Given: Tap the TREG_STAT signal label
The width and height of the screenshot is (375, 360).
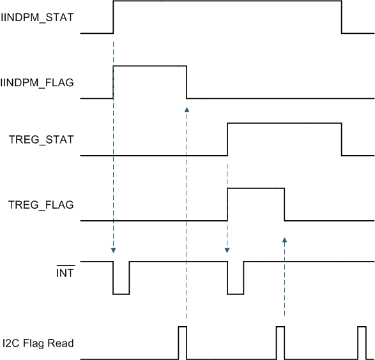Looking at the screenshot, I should [41, 139].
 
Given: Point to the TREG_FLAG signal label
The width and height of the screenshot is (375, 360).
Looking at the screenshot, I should [41, 205].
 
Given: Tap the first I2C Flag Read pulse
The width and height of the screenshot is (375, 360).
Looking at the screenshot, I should [183, 343].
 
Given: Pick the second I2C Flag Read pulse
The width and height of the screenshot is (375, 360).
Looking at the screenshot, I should [280, 343].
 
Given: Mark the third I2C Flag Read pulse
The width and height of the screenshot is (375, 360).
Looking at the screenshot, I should [362, 343].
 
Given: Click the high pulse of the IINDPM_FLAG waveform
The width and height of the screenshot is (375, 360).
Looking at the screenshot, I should [149, 66].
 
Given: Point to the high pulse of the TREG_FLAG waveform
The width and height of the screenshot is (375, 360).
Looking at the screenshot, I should [256, 188].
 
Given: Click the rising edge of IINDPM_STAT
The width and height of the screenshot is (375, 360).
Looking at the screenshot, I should [113, 17].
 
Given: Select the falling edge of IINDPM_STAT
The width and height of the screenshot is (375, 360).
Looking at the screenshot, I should [342, 17].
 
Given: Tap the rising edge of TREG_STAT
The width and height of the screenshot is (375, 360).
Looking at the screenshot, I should [228, 139].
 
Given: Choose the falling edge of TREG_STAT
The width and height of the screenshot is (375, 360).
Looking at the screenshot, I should [342, 139].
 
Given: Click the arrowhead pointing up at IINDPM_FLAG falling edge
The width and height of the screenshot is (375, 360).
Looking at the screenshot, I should [187, 110].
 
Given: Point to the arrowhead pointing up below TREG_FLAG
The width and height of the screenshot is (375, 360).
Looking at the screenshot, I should [284, 241].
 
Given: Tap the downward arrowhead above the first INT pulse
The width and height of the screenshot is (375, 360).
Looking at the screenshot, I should [113, 250].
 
